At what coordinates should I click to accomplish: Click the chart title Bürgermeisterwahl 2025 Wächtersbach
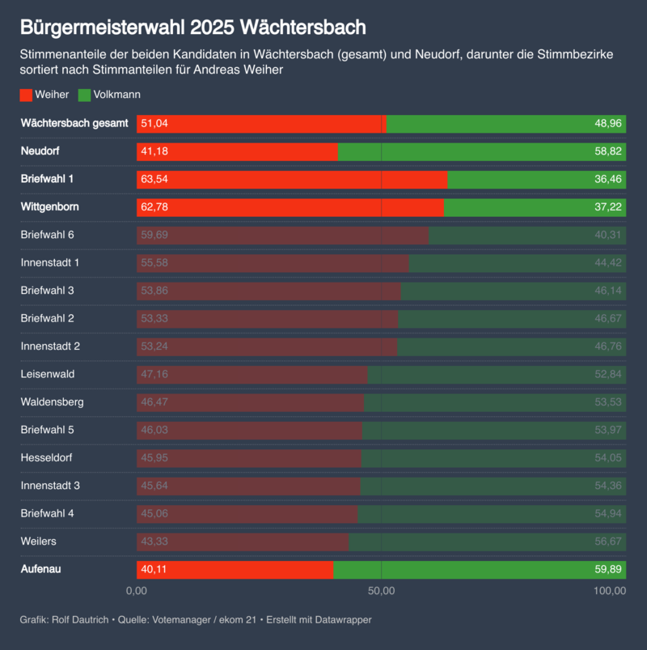[193, 28]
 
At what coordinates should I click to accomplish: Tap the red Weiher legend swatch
[26, 95]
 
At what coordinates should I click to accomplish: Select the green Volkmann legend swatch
[84, 95]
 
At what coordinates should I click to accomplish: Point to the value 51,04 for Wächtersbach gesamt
[154, 124]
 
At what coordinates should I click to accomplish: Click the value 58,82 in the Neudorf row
[607, 151]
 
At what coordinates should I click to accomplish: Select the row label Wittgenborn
[49, 207]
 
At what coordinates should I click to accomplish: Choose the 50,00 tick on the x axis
[381, 591]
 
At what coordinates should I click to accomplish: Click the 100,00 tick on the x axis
[609, 591]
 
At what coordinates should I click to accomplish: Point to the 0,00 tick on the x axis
[137, 591]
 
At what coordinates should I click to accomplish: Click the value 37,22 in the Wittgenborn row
[607, 207]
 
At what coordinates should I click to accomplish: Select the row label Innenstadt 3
[50, 486]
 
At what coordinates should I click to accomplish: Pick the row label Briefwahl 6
[47, 235]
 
